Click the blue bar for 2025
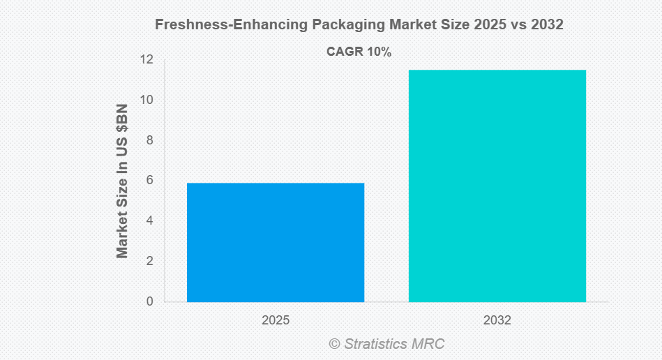(276, 242)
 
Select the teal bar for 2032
(497, 186)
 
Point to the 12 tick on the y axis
(146, 59)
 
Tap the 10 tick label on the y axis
(146, 100)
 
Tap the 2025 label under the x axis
(276, 321)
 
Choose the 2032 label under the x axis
(497, 321)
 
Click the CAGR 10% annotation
(359, 52)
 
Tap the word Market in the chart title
(409, 24)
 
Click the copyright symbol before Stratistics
(334, 344)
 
